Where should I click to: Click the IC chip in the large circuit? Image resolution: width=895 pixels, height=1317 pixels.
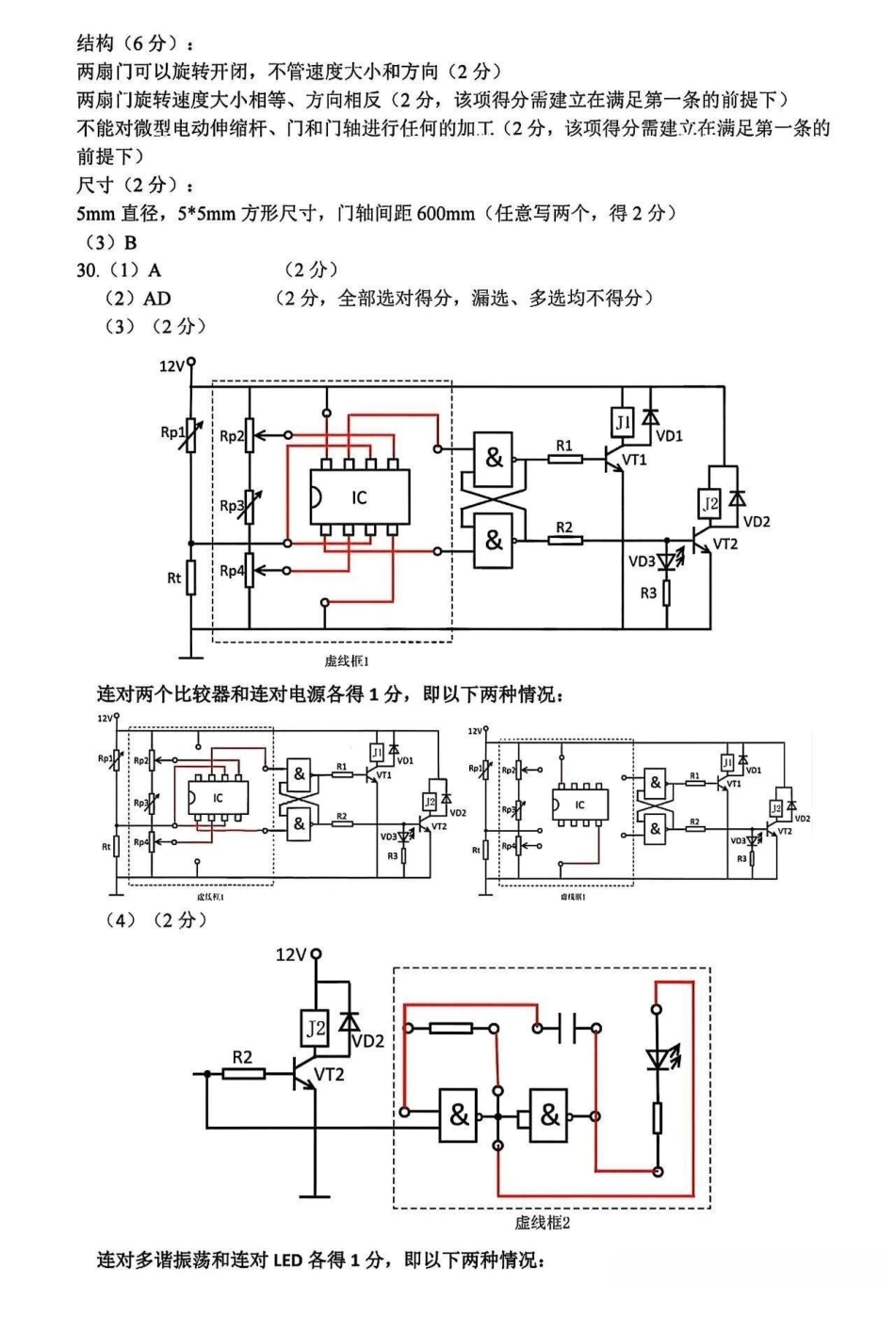(x=358, y=496)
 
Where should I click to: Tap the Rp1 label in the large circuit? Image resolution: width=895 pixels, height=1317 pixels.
(x=171, y=432)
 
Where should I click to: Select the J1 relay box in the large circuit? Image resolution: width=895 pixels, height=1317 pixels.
(x=623, y=423)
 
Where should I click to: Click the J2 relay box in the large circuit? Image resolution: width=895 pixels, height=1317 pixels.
(x=710, y=504)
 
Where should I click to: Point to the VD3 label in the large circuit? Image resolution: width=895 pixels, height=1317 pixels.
(x=642, y=561)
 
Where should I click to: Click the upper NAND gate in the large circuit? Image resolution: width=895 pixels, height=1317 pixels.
(x=494, y=459)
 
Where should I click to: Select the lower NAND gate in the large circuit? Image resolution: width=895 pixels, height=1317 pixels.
(x=494, y=541)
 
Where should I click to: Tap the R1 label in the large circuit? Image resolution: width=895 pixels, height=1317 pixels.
(x=563, y=445)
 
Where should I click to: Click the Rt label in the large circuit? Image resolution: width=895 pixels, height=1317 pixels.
(x=173, y=577)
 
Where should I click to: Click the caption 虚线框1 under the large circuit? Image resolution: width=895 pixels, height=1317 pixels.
(x=346, y=661)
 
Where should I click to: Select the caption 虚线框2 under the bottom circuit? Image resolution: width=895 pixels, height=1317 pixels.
(x=542, y=1223)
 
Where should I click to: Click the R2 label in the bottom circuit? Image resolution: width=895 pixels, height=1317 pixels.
(x=243, y=1057)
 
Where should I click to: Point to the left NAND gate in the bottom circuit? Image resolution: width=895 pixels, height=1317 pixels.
(x=459, y=1115)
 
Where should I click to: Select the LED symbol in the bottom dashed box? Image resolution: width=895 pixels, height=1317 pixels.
(x=659, y=1059)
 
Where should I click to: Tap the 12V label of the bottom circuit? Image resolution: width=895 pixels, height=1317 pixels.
(x=291, y=955)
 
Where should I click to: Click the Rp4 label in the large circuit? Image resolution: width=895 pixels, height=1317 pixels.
(x=232, y=571)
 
